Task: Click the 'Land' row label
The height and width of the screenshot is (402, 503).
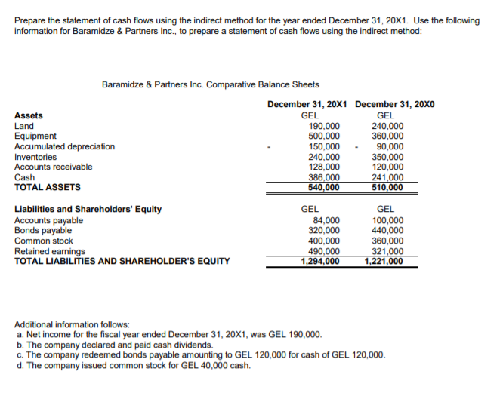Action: tap(23, 126)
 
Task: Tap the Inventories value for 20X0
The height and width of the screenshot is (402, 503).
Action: tap(386, 157)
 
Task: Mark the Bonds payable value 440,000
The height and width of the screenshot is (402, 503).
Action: tap(386, 230)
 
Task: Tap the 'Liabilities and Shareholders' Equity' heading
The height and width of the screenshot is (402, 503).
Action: tap(88, 209)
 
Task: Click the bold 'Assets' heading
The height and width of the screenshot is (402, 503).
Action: tap(29, 115)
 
